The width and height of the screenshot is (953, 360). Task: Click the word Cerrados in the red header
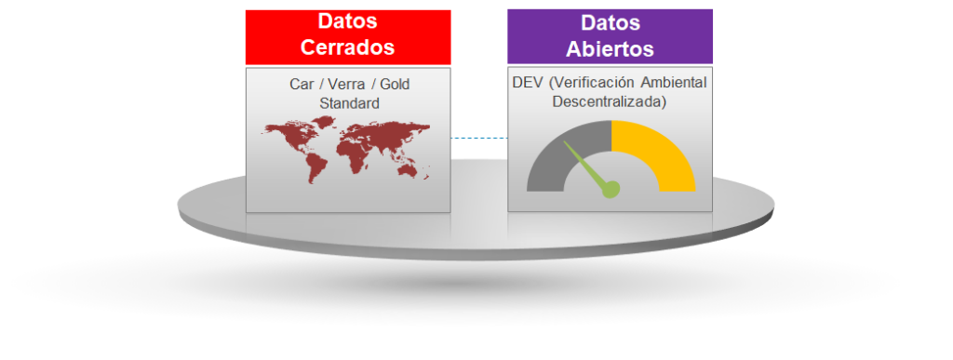pyautogui.click(x=348, y=47)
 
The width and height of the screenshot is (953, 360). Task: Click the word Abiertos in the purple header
pyautogui.click(x=610, y=48)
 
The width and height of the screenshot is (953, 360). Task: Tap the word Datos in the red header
pyautogui.click(x=348, y=20)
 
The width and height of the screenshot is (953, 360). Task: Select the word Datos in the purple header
pyautogui.click(x=611, y=22)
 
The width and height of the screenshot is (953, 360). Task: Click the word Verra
pyautogui.click(x=346, y=84)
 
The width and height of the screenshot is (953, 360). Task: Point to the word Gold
pyautogui.click(x=395, y=84)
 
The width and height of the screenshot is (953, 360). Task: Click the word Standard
pyautogui.click(x=350, y=103)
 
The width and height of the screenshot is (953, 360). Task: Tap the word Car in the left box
pyautogui.click(x=301, y=84)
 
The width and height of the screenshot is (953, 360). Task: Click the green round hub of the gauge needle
pyautogui.click(x=611, y=189)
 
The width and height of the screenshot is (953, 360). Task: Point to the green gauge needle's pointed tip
pyautogui.click(x=565, y=142)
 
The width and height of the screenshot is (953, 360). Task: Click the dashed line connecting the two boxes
pyautogui.click(x=479, y=139)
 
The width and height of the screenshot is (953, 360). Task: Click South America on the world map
pyautogui.click(x=315, y=166)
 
